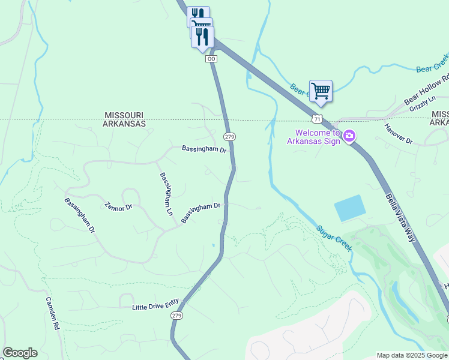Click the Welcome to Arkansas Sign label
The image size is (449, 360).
[x=317, y=137]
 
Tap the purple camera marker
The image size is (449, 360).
[x=349, y=137]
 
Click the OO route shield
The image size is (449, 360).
[x=211, y=58]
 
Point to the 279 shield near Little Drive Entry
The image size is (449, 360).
[x=176, y=316]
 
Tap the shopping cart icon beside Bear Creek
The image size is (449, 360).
[x=321, y=91]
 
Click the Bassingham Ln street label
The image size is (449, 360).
[x=166, y=194]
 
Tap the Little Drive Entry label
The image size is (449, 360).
[x=155, y=307]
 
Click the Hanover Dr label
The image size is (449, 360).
[x=399, y=133]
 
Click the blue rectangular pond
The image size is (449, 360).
[x=349, y=208]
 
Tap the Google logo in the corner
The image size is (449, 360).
[x=20, y=353]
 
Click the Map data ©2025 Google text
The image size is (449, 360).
[x=411, y=355]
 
